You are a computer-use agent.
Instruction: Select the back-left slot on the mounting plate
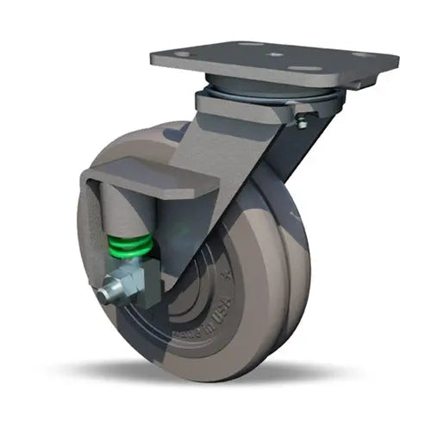coord(249,44)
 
